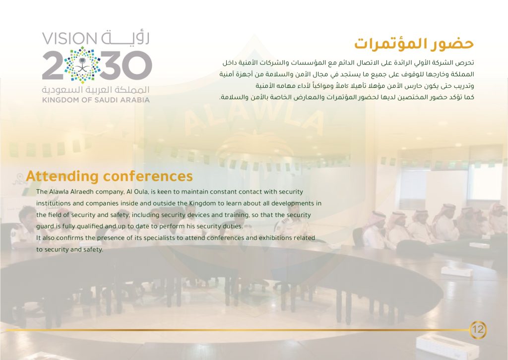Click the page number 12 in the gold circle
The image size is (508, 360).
click(x=478, y=330)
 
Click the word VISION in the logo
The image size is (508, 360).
click(x=69, y=39)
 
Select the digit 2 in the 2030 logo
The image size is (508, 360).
click(x=53, y=66)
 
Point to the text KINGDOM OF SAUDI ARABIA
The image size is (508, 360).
click(x=96, y=100)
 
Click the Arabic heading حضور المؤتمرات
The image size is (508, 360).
click(x=414, y=44)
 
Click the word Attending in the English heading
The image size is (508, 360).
click(x=62, y=176)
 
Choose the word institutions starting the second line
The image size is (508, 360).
click(x=52, y=204)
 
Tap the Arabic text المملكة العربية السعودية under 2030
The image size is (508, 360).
click(x=96, y=89)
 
